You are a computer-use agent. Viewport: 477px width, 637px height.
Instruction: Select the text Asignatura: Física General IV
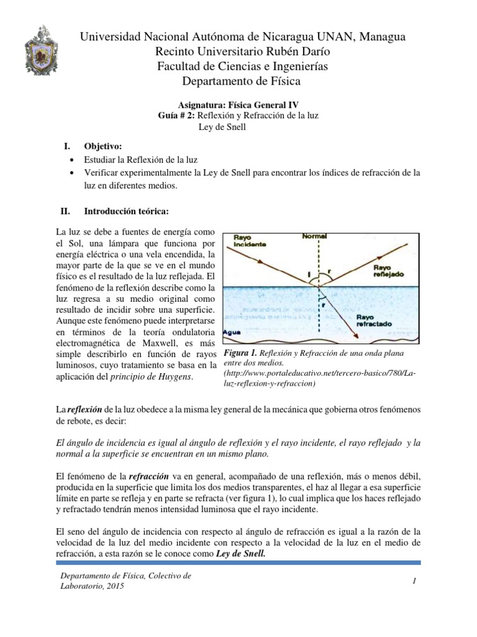tap(238, 105)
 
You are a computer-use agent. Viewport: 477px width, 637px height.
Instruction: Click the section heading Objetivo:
tap(103, 146)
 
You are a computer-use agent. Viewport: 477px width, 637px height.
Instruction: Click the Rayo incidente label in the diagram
tap(247, 241)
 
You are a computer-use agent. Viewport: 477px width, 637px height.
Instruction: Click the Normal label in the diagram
tap(315, 236)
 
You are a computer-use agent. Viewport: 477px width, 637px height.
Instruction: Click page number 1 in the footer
tap(412, 581)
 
